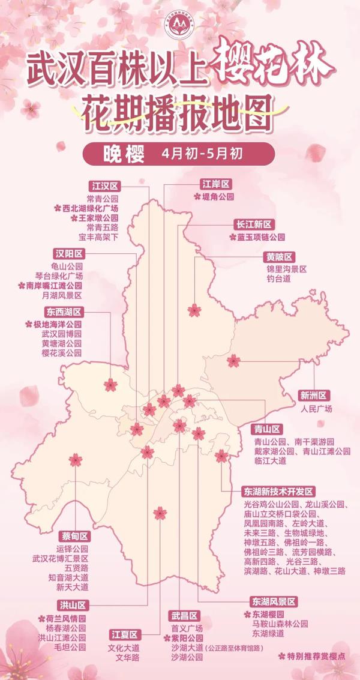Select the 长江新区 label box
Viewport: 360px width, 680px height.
254,224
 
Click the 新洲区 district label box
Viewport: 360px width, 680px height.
314,396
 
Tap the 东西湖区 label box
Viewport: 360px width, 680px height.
62,312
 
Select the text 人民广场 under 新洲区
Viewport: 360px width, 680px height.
316,409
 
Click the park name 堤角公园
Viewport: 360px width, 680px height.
217,196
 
